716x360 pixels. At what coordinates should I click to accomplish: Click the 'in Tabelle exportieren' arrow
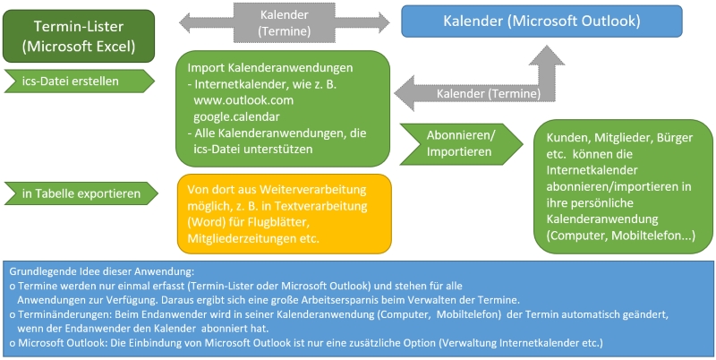point(76,193)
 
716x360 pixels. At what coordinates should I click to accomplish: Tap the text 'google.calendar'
point(240,116)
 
